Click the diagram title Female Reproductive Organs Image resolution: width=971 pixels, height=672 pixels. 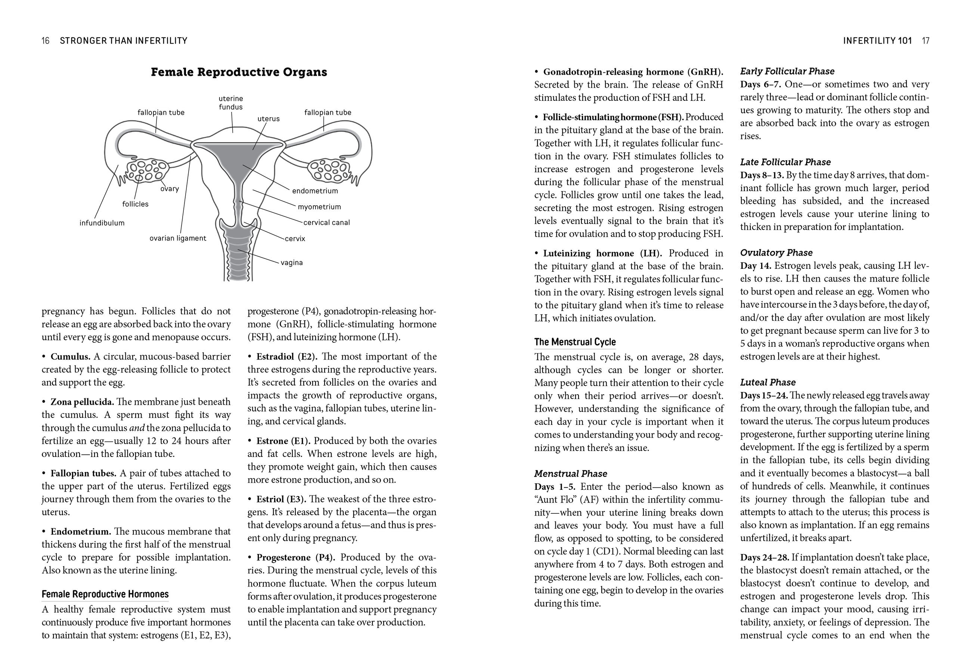pos(239,72)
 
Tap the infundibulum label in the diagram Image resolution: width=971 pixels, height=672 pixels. pos(102,223)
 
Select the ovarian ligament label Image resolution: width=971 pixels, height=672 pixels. pos(178,238)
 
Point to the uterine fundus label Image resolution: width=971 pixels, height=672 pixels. pos(231,103)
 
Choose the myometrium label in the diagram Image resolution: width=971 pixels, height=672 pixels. pos(319,207)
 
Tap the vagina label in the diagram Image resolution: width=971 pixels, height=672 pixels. pos(292,263)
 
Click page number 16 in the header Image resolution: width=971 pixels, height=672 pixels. pos(46,41)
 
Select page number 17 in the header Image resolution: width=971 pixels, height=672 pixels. pos(925,41)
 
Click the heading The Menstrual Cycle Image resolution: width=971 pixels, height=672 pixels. pos(575,342)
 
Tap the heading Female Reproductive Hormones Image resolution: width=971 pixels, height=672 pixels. pos(105,594)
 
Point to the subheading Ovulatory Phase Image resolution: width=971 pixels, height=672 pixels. pos(776,253)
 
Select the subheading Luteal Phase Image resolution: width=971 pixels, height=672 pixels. pos(767,382)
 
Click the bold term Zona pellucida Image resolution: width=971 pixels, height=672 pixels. pos(82,402)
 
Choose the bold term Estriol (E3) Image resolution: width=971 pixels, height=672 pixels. pos(282,499)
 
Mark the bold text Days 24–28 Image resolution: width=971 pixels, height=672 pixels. pos(764,557)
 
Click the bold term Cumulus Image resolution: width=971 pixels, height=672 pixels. pos(70,357)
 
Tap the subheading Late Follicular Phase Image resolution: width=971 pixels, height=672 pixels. pos(785,162)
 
